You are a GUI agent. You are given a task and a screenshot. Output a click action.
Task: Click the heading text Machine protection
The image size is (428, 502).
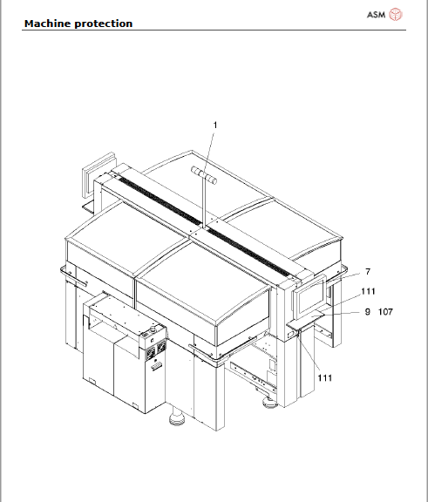[x=78, y=24]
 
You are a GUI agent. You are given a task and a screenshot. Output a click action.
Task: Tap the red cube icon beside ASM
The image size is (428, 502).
[x=397, y=15]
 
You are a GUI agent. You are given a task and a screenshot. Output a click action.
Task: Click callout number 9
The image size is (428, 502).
[x=367, y=311]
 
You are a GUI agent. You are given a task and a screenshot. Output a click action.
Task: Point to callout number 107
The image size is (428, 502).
[x=388, y=311]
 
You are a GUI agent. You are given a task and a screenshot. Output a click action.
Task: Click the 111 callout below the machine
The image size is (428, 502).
[x=325, y=377]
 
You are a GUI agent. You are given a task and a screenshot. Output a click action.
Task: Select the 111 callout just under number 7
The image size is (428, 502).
[x=369, y=291]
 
